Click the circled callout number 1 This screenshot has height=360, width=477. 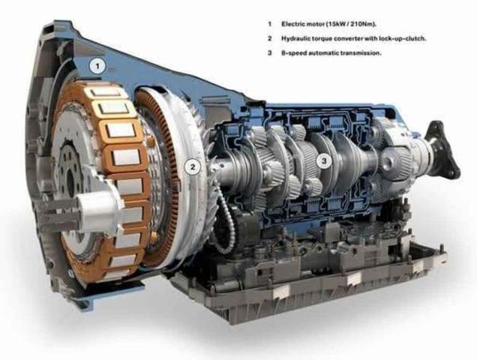97,66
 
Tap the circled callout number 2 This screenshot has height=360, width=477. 193,166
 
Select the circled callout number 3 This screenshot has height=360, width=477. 324,160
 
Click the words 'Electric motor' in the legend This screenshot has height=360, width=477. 302,24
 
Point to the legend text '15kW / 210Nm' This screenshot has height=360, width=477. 351,24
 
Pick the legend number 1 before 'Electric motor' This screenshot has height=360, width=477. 269,24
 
